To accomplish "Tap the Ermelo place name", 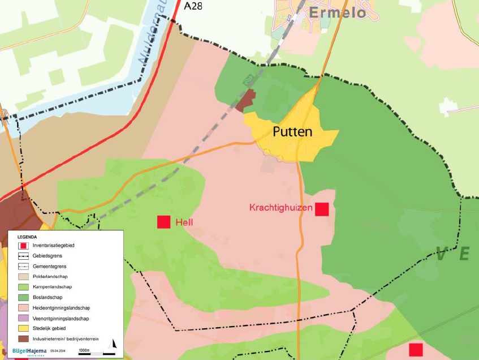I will (337, 12).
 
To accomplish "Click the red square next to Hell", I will (164, 222).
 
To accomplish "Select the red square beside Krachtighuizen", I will (322, 209).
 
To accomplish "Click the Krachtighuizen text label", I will (281, 208).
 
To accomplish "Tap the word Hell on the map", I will (184, 222).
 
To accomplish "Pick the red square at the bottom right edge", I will (416, 349).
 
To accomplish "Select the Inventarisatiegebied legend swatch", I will (23, 246).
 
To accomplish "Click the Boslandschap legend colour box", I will (23, 298).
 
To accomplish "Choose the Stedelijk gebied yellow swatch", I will (23, 328).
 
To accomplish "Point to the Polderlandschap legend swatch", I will (23, 277).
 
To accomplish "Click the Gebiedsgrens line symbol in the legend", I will (23, 256).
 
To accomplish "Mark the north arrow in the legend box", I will (113, 344).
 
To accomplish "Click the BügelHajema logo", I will (29, 351).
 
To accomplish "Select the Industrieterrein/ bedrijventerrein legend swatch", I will (23, 338).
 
